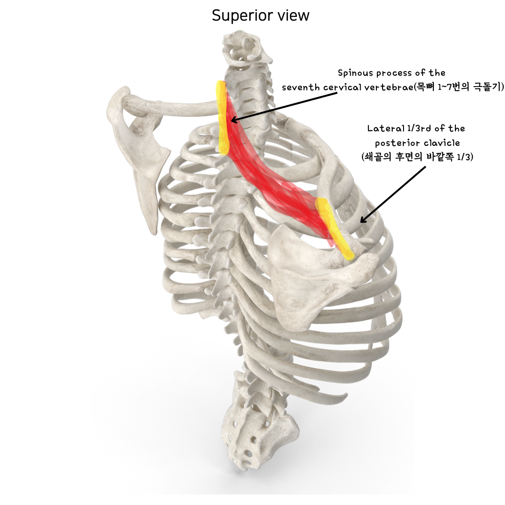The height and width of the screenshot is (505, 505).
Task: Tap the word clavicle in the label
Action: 442,143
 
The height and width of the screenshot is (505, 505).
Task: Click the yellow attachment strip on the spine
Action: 222,117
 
